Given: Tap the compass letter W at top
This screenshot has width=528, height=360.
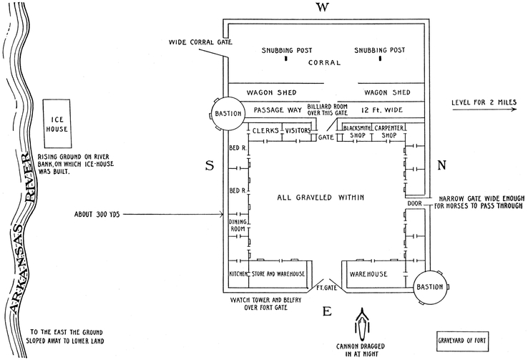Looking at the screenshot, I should [x=324, y=8].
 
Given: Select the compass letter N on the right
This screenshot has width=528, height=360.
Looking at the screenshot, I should [x=441, y=166].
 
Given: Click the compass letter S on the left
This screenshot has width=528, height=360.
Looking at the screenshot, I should [x=210, y=166].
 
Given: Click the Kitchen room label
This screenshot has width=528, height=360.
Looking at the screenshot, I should [x=238, y=274].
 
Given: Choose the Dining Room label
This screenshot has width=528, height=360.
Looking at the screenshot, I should [x=237, y=225].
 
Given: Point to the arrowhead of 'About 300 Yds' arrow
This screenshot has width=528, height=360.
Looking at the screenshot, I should [x=223, y=213].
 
